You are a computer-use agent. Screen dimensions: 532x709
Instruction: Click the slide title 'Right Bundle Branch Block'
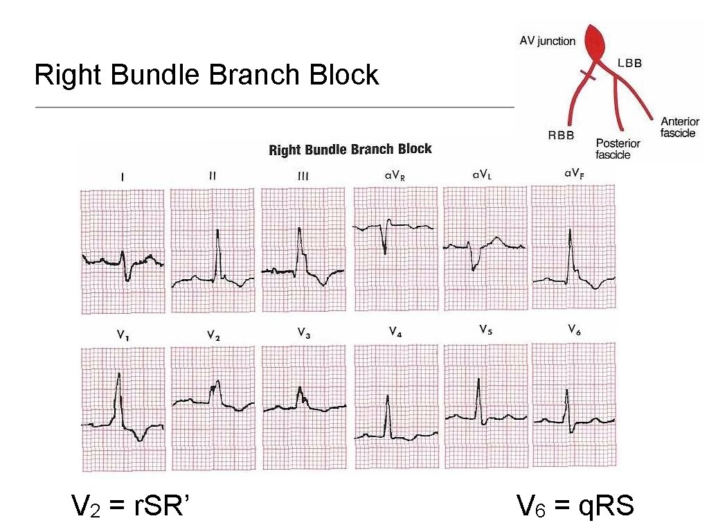(206, 75)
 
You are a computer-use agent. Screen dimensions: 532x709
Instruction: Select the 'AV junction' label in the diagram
(547, 41)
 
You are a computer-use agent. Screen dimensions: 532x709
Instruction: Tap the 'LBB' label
(629, 63)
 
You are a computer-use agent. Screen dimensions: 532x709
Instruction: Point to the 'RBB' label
(561, 136)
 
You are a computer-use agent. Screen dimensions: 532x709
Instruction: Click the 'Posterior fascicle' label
(618, 149)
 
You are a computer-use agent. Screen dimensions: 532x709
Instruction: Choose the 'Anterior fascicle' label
(679, 127)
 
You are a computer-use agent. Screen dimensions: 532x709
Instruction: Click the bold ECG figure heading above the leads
(350, 150)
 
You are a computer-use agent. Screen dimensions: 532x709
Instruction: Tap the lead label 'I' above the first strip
(123, 177)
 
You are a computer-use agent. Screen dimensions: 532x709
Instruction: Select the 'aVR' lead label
(395, 176)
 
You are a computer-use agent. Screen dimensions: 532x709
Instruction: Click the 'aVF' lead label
(573, 173)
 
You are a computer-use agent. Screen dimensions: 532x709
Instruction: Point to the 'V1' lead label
(121, 335)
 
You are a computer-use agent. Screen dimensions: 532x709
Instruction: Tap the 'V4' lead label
(395, 332)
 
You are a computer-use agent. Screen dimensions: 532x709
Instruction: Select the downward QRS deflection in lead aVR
(385, 246)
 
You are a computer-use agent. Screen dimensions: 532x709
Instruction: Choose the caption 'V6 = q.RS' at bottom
(575, 506)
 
